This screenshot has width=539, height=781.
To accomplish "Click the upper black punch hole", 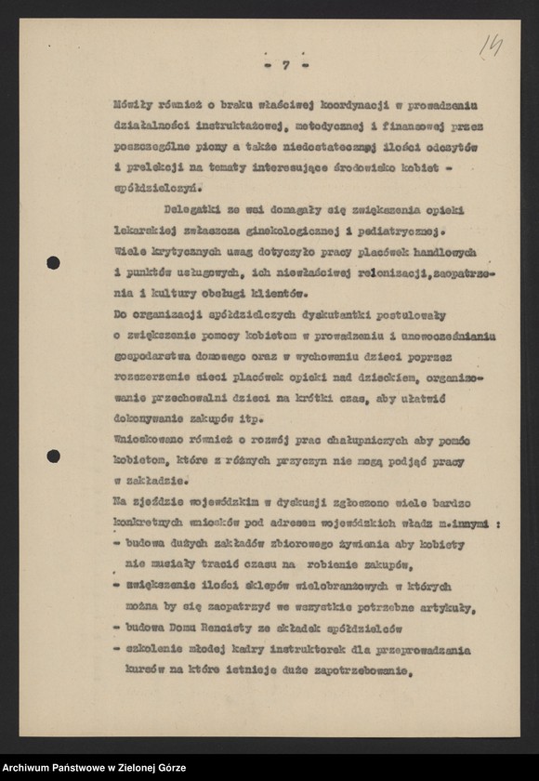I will tap(53, 263).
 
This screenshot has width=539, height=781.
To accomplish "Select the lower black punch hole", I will tap(53, 456).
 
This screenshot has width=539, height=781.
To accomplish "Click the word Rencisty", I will tap(236, 629).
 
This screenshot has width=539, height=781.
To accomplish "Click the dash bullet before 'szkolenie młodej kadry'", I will tap(117, 650).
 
